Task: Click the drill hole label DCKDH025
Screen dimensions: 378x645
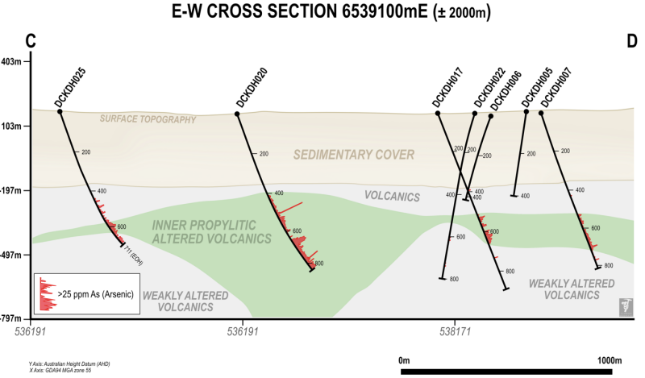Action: coord(70,87)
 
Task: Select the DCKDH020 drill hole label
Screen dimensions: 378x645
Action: coord(252,87)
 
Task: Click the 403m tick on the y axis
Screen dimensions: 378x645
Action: coord(14,62)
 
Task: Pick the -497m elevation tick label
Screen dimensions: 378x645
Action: coord(14,255)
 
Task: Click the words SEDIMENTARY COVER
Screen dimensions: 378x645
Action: coord(354,155)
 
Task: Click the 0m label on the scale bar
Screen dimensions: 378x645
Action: coord(406,359)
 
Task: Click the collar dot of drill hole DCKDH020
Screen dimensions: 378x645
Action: coord(237,114)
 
